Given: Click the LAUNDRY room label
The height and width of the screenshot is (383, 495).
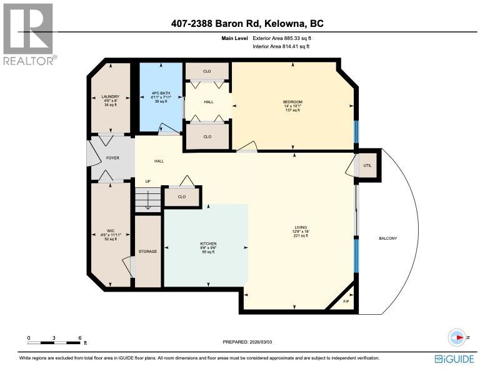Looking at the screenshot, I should click(110, 96).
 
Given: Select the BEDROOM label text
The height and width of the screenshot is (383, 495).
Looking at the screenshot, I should click(292, 102).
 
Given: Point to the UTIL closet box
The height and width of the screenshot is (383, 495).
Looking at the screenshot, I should click(367, 165).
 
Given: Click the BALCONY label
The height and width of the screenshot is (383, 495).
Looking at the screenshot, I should click(387, 238).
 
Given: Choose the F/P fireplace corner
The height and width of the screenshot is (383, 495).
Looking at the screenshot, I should click(347, 302).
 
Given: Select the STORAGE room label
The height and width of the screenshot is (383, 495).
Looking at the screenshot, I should click(147, 252).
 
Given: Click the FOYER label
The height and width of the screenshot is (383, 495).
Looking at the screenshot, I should click(112, 158).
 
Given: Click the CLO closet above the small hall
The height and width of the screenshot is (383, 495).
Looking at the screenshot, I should click(207, 71).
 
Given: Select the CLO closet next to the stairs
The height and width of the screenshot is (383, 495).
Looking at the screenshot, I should click(182, 197).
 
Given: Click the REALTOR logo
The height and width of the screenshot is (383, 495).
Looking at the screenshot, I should click(29, 33).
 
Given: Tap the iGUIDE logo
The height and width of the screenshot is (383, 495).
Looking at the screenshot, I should click(454, 359).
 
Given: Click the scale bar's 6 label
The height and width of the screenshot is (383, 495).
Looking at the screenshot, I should click(80, 338).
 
